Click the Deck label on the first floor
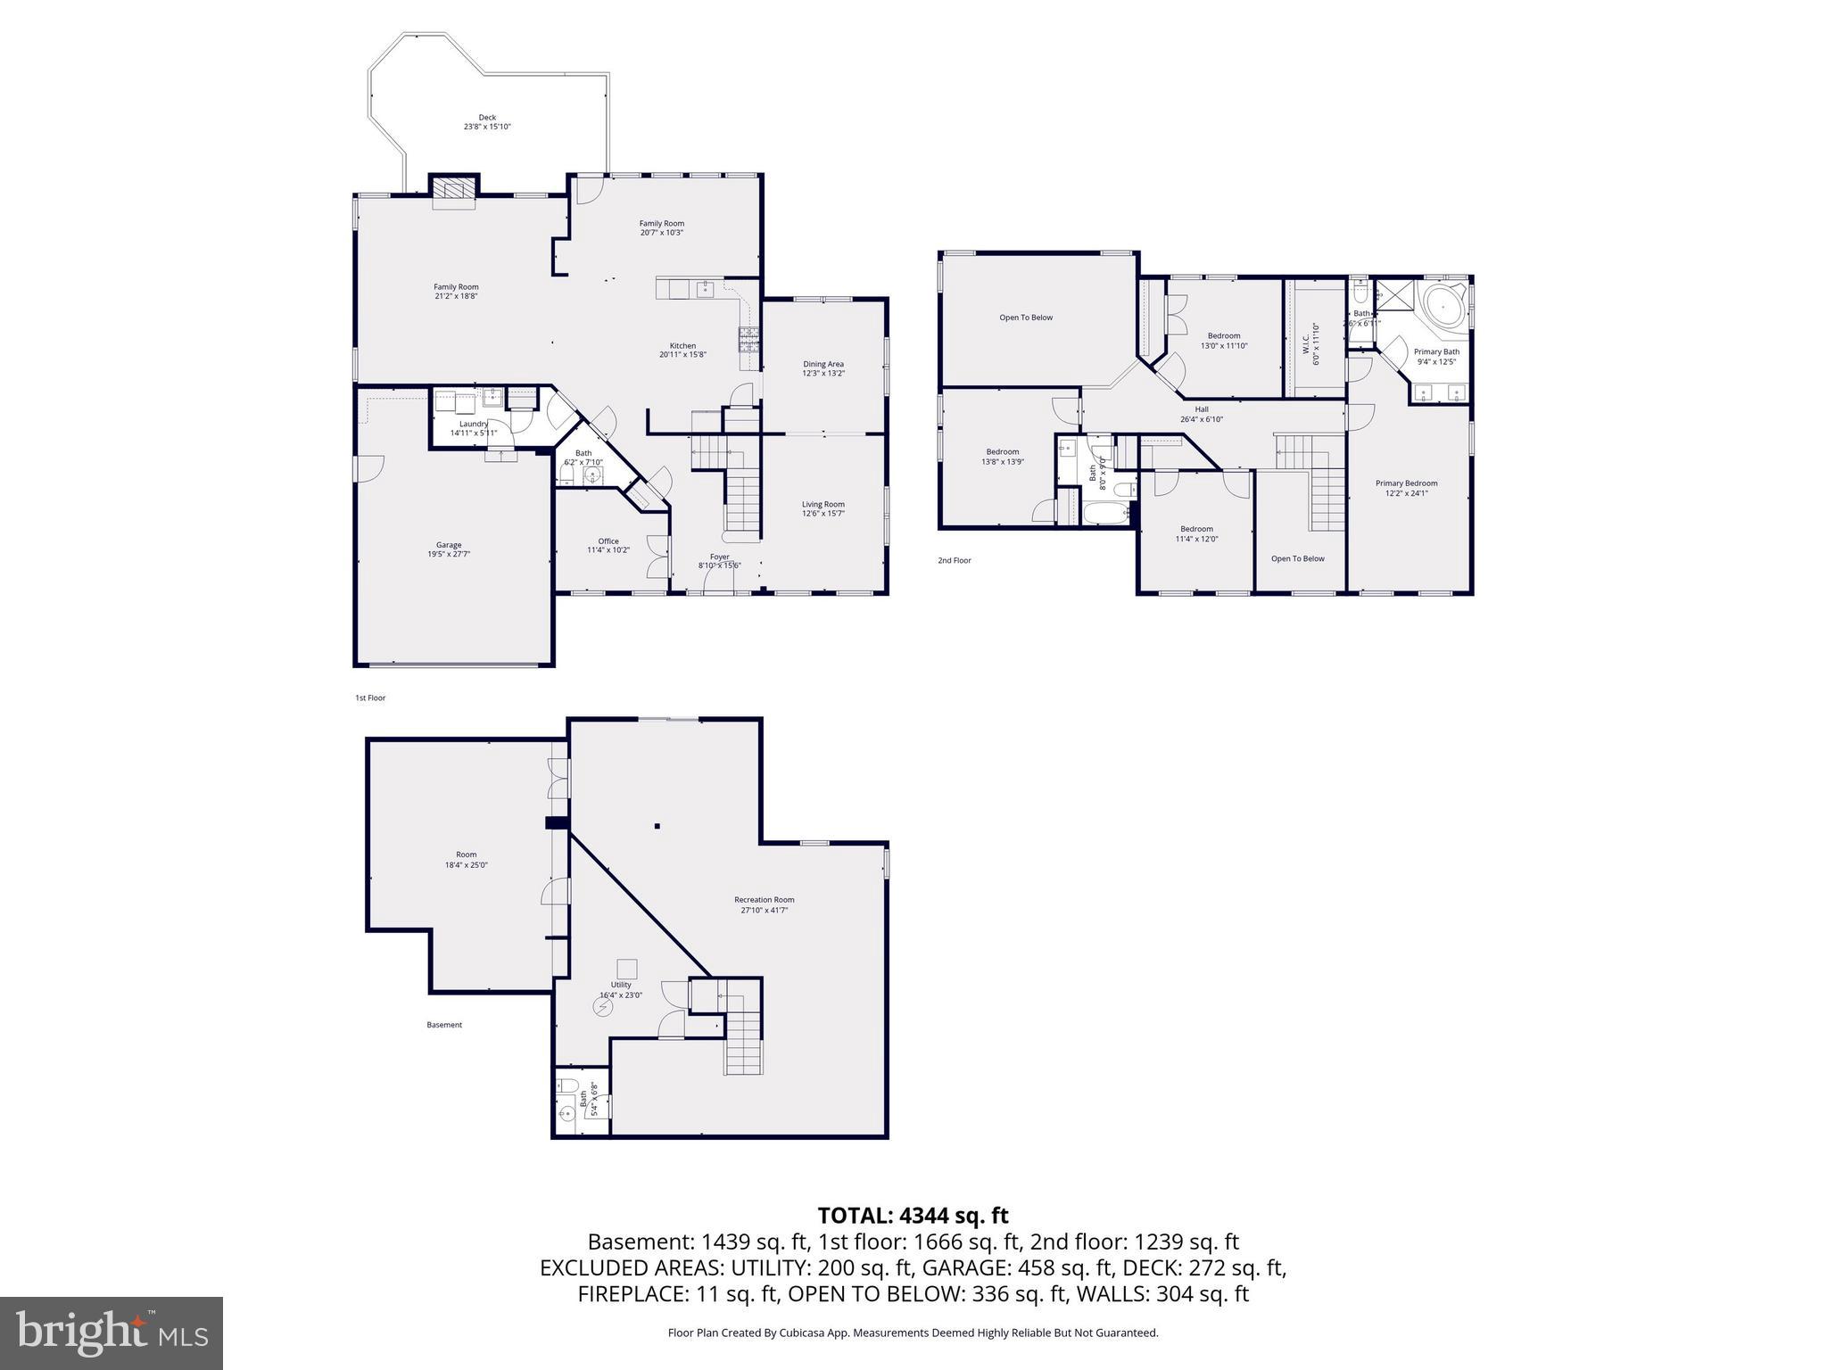coord(487,122)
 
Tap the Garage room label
coord(449,549)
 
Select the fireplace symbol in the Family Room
coord(455,190)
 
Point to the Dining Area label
coord(823,368)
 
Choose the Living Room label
coord(823,508)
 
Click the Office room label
coord(608,545)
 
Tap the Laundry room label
coord(474,428)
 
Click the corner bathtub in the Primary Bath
coord(1440,309)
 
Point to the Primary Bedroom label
coord(1406,488)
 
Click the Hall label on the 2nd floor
coord(1202,414)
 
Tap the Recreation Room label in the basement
coord(764,904)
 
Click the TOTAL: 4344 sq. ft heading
coord(913,1216)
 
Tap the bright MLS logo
coord(112,1333)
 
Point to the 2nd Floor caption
coord(954,560)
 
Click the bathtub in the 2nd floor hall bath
coord(1105,513)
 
